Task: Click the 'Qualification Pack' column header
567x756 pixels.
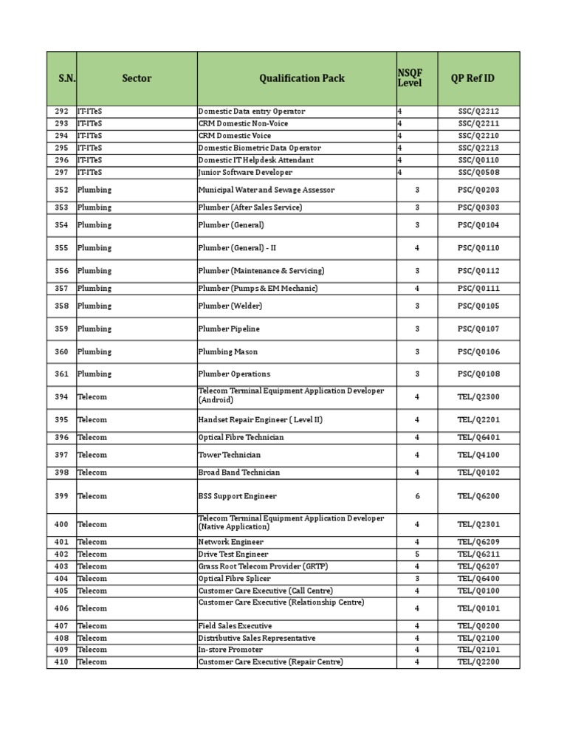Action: pos(301,78)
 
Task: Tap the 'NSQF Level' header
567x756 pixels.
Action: pos(410,78)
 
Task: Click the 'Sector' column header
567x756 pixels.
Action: pos(137,78)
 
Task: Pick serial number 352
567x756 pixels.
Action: pos(61,190)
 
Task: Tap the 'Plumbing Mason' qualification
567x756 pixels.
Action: pos(228,351)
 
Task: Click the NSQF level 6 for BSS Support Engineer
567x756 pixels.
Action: pos(417,496)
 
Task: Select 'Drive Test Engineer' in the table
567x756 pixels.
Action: pos(233,554)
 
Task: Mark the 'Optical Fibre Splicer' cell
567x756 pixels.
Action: pos(234,578)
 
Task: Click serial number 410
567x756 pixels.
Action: pos(61,661)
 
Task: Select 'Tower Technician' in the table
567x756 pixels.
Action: pos(230,455)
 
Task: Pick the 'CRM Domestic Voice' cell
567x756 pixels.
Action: pos(235,136)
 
